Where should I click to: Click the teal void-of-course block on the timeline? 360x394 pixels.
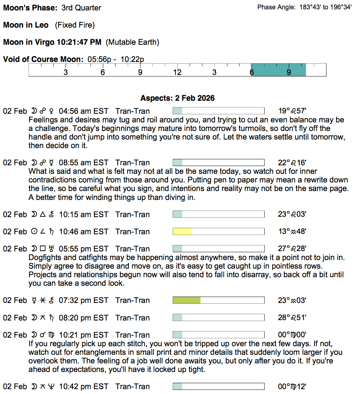278,70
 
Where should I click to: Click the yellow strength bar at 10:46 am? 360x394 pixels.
182,232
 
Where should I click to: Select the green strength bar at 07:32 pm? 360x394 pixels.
186,300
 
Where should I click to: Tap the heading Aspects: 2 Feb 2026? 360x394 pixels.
177,98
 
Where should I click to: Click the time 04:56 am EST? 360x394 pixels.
83,111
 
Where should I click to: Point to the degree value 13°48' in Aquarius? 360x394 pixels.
292,232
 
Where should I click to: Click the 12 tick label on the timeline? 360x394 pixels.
177,72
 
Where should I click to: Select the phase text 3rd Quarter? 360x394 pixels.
81,8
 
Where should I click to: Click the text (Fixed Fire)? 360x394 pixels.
75,25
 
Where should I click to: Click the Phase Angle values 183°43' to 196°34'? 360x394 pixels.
325,7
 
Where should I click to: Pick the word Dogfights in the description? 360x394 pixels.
44,257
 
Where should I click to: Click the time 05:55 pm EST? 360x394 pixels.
83,249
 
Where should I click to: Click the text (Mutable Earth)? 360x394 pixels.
132,42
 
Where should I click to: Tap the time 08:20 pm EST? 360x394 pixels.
83,318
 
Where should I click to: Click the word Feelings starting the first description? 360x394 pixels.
42,120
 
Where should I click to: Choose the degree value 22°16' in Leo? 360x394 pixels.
292,163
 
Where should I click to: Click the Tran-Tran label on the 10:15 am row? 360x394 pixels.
133,215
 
